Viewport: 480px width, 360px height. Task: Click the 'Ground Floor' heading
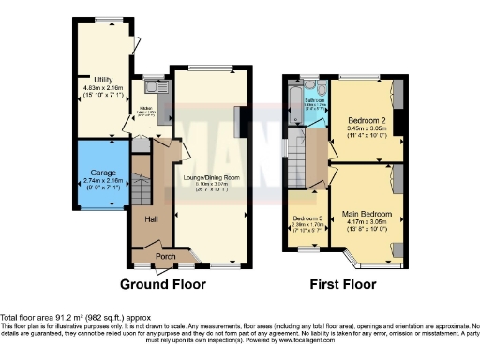[x=165, y=282]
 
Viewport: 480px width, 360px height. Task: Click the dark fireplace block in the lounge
[x=238, y=121]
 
